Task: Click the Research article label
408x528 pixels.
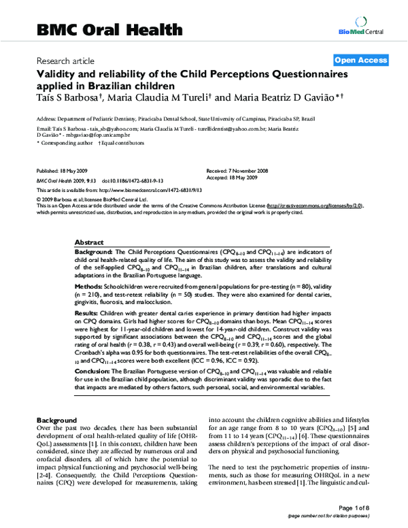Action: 66,61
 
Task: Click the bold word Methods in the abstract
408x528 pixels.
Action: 89,288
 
